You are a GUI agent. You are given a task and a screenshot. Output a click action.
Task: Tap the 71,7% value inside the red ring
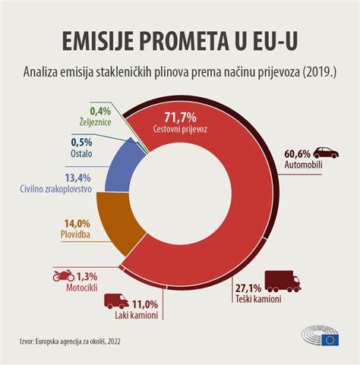[180, 116]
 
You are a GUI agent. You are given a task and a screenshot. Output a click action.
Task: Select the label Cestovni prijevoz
[180, 129]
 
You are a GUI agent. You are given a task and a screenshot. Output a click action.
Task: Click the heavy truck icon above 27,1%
[281, 281]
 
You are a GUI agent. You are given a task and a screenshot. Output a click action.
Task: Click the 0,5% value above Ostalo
[82, 142]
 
